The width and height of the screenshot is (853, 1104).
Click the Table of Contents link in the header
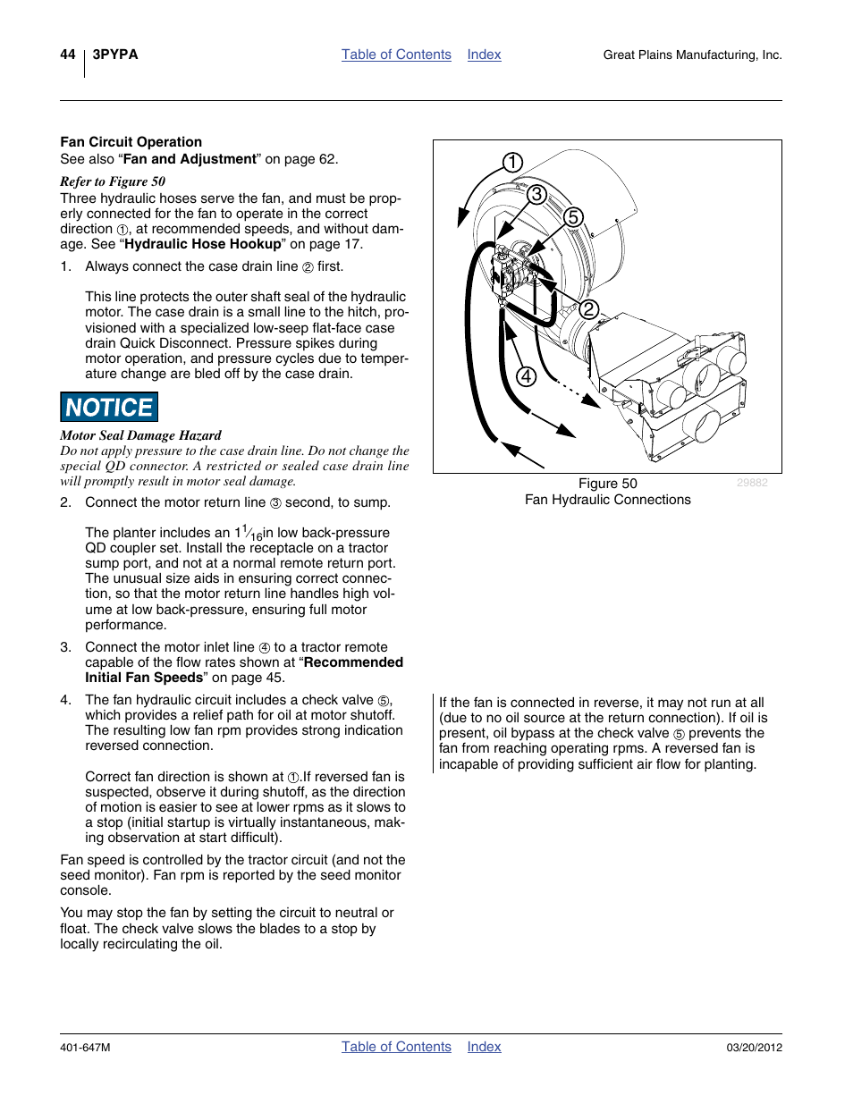(396, 55)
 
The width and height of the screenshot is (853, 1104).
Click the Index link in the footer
(484, 1047)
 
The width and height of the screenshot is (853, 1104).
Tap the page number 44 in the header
(68, 55)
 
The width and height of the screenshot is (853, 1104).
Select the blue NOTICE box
(109, 408)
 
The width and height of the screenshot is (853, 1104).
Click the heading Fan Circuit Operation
(131, 142)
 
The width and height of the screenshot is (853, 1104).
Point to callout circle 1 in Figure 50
(512, 163)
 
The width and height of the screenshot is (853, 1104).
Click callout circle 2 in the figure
(588, 309)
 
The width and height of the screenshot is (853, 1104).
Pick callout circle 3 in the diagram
(536, 194)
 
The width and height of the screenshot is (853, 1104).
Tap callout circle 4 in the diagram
(526, 376)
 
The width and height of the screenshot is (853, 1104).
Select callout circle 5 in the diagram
(573, 217)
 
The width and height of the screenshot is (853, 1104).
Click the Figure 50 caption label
(607, 484)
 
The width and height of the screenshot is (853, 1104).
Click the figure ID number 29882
(752, 483)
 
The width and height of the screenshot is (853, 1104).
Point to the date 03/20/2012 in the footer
(754, 1048)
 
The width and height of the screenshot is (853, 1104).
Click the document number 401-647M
(86, 1048)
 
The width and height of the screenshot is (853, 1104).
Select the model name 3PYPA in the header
(115, 55)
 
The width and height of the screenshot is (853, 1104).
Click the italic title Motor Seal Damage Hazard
(140, 436)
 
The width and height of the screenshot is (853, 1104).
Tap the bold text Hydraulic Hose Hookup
(203, 244)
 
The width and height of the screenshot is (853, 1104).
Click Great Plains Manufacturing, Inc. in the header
(692, 55)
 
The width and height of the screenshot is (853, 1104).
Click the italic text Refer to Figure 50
(113, 181)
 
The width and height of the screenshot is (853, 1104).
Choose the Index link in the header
(484, 55)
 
